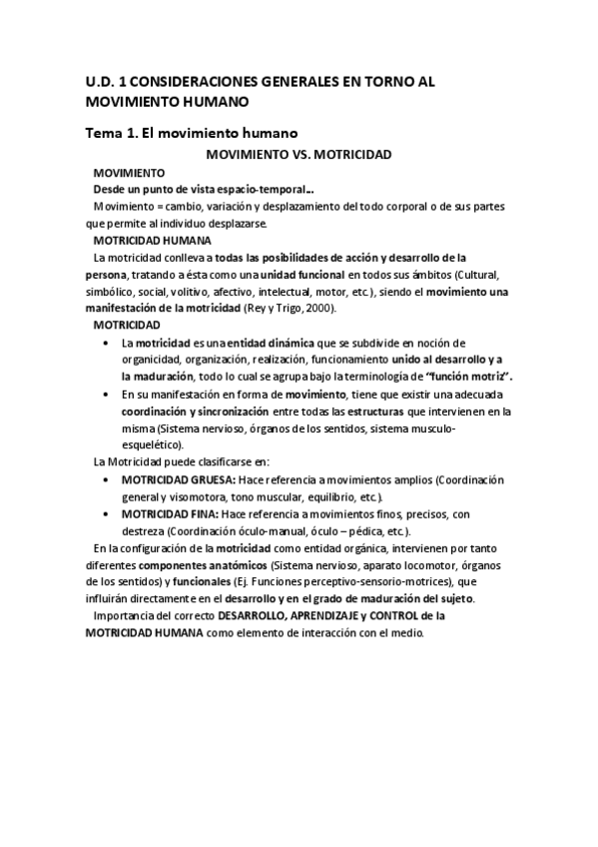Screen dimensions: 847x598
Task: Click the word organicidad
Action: coord(149,360)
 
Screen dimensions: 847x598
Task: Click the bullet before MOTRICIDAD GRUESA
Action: coord(108,479)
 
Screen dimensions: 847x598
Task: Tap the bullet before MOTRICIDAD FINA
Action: coord(108,513)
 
